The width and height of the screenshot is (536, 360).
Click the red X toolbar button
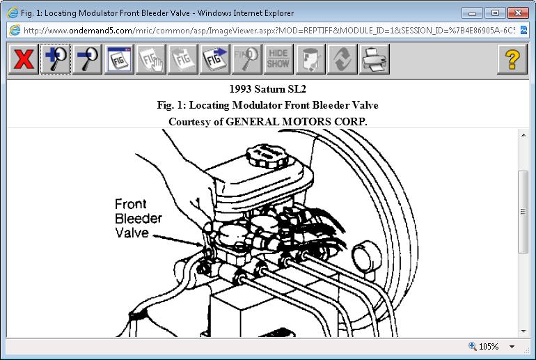coord(23,59)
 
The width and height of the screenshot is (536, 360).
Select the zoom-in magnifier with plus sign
coord(56,59)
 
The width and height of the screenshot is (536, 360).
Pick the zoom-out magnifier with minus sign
coord(87,59)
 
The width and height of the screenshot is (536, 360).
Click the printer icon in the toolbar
coord(375,59)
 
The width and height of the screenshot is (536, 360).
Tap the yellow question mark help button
coord(512,59)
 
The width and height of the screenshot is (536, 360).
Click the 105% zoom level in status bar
coord(489,346)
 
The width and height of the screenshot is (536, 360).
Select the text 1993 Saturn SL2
coord(267,89)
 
